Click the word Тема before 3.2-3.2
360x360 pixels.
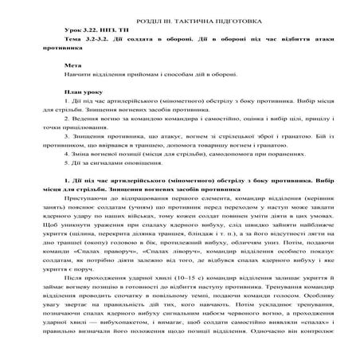point(72,39)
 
